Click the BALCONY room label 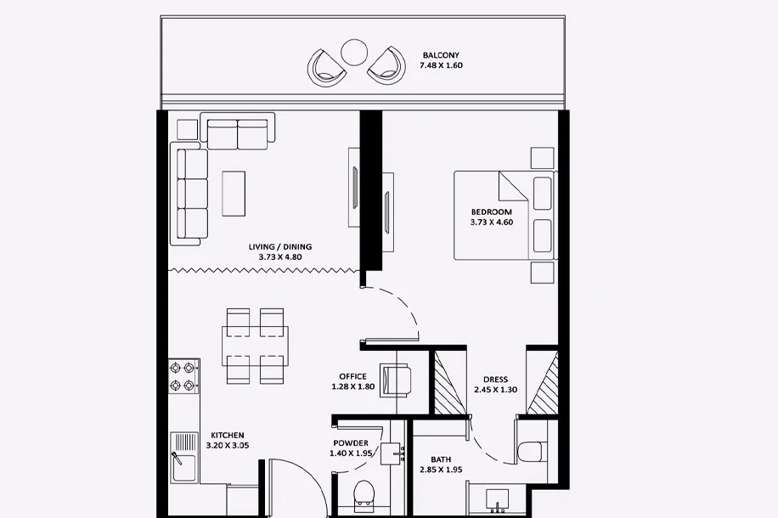[441, 55]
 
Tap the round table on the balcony [354, 52]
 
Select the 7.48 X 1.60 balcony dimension [441, 65]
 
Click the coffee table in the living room [234, 194]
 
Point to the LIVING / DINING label [279, 246]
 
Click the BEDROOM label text [491, 211]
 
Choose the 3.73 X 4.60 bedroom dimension [491, 222]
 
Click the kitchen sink [183, 458]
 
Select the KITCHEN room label [228, 435]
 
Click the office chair [395, 380]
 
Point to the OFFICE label [352, 376]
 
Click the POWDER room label [351, 443]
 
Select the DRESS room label [495, 380]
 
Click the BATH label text [441, 459]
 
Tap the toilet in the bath [529, 452]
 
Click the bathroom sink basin [497, 498]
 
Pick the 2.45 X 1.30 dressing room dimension [495, 390]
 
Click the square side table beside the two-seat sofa [187, 129]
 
